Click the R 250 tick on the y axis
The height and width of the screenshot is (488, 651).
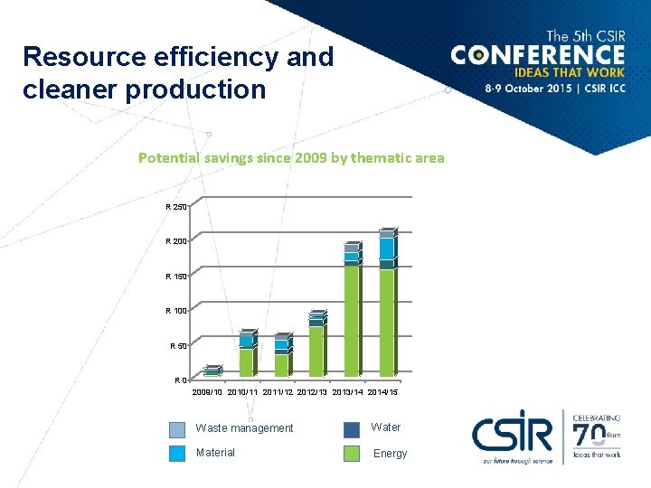tap(176, 207)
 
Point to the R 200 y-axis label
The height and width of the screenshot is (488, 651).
tap(176, 241)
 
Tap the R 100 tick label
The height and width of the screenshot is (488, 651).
tap(176, 311)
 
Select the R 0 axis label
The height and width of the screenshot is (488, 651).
tap(181, 380)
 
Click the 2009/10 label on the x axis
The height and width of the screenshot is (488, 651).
tap(209, 391)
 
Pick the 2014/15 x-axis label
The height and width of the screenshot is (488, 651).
tap(380, 391)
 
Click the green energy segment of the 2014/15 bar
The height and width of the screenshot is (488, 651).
tap(386, 321)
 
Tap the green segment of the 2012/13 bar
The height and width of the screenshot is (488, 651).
tap(316, 351)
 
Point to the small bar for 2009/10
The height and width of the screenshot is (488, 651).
tap(212, 371)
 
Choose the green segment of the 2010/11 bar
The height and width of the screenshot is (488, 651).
tap(245, 361)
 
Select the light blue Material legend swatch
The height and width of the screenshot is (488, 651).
tap(177, 454)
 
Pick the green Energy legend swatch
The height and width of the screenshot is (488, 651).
tap(352, 454)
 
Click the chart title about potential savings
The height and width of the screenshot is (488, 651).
tap(291, 157)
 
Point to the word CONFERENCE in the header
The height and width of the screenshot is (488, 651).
tap(538, 55)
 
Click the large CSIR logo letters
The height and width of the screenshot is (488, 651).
tap(512, 434)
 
